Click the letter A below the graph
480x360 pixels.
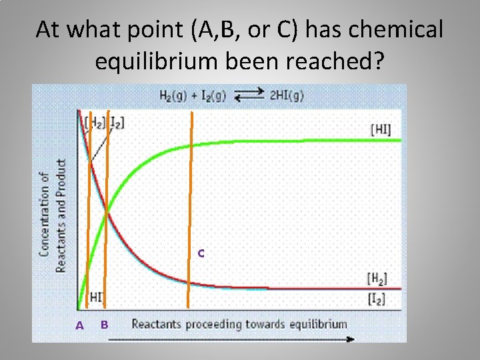(x=80, y=325)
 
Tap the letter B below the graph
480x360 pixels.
(x=104, y=325)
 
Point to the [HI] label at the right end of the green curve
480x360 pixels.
(x=380, y=129)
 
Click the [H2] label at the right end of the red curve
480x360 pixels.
(x=377, y=278)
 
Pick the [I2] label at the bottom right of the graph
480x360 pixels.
(x=377, y=299)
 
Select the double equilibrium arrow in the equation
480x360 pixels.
(x=249, y=95)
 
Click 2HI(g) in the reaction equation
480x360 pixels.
(x=287, y=95)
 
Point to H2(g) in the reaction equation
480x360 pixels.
(x=173, y=95)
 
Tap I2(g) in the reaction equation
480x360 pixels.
(x=211, y=95)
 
